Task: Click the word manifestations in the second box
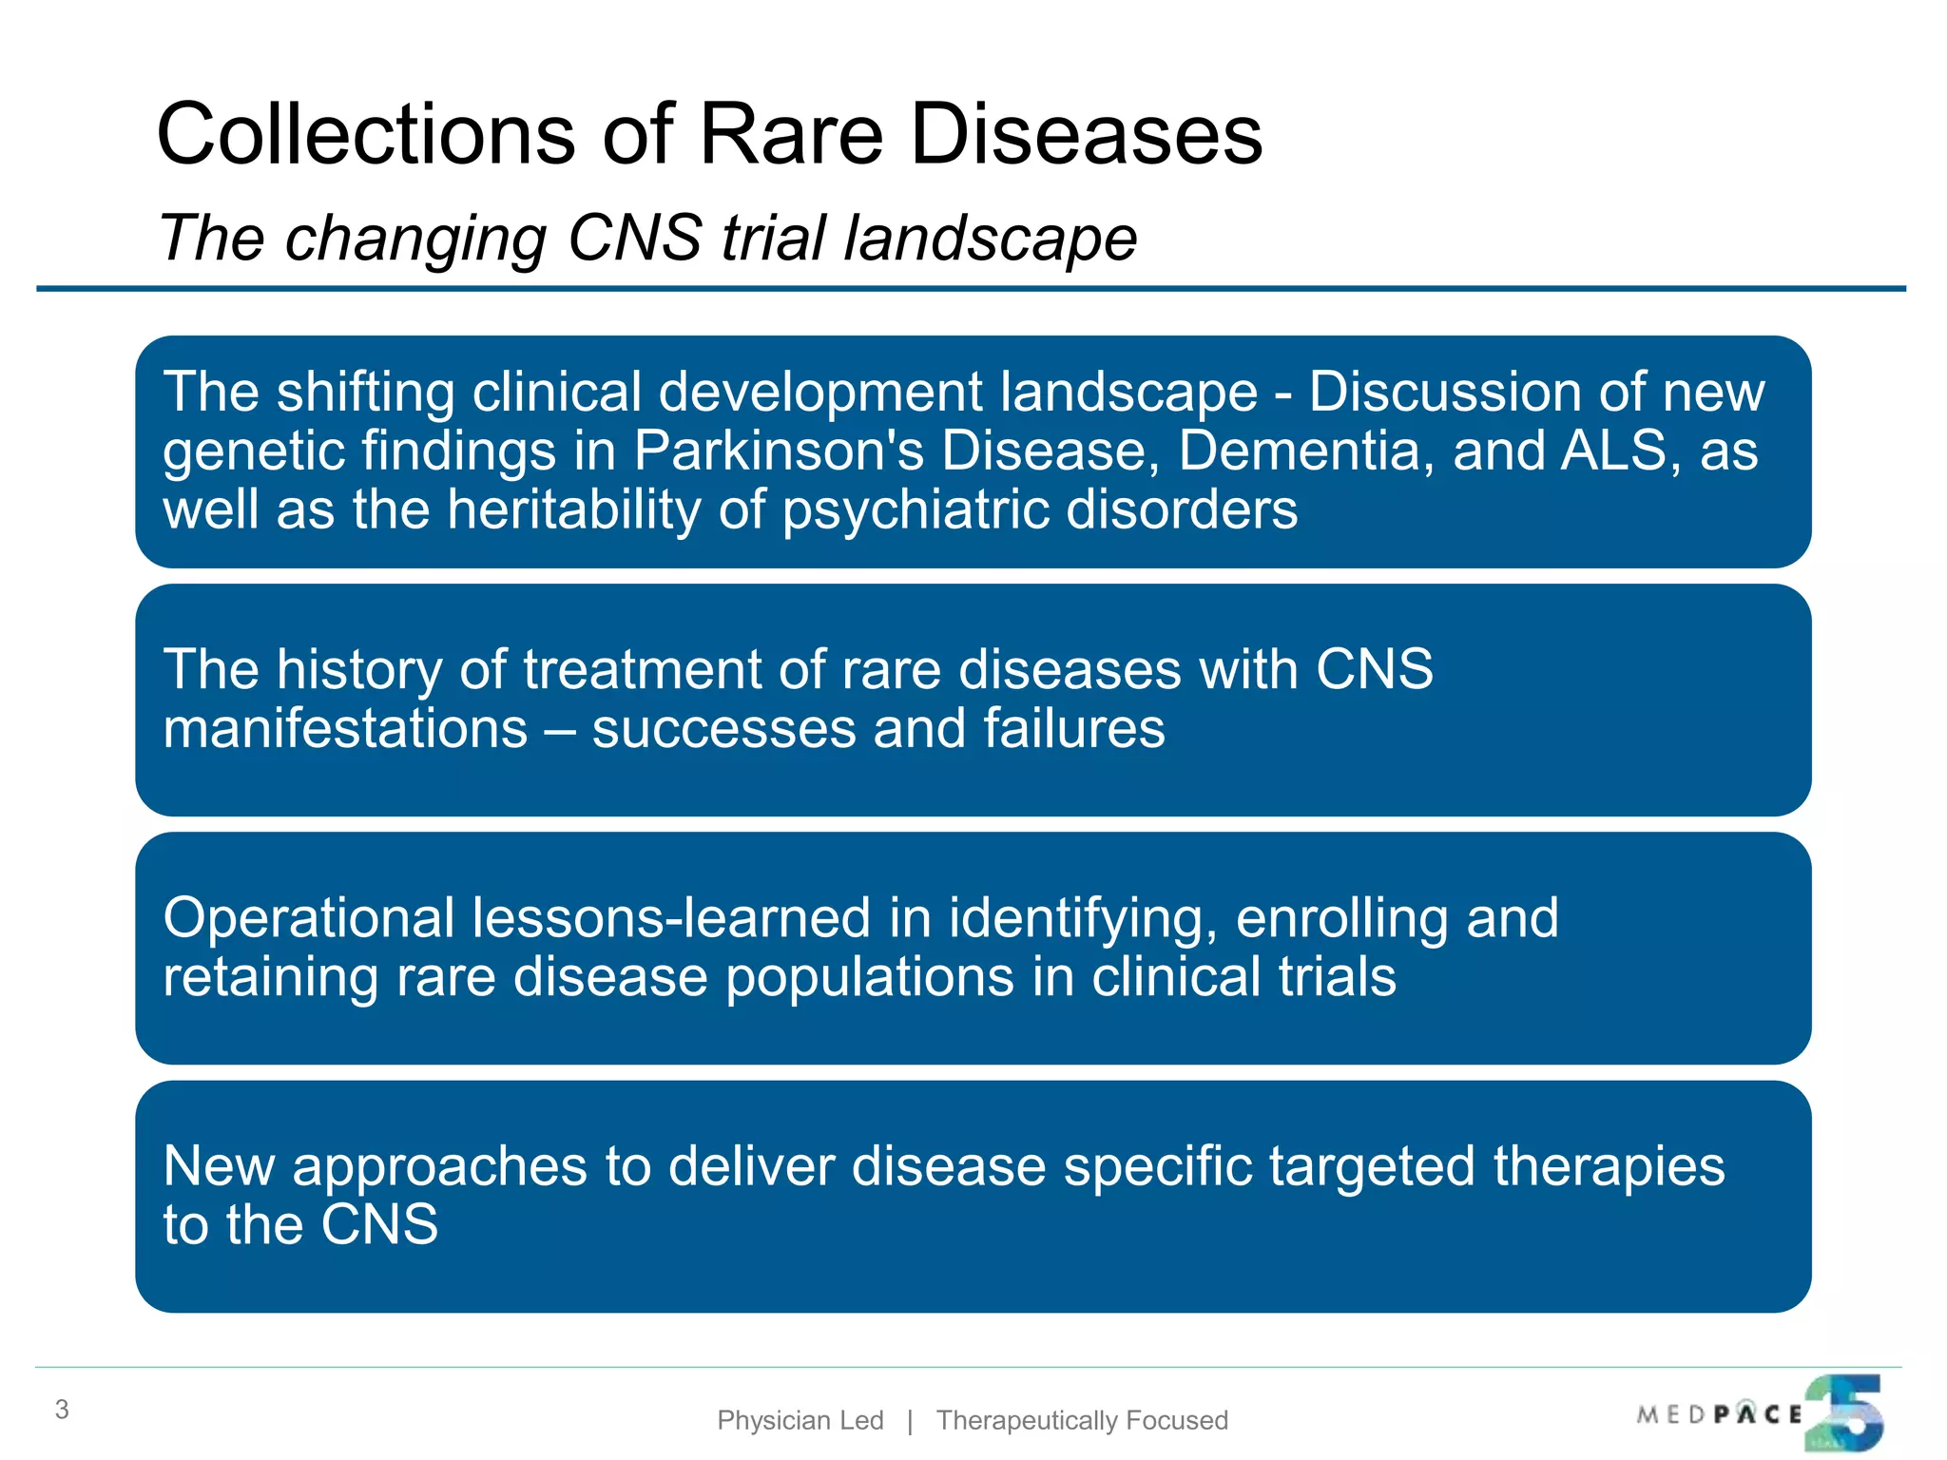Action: (x=345, y=728)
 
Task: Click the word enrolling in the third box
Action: (x=1341, y=918)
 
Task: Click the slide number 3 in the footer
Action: (x=62, y=1410)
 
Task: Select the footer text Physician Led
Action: (x=800, y=1420)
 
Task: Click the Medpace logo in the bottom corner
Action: (x=1760, y=1413)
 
